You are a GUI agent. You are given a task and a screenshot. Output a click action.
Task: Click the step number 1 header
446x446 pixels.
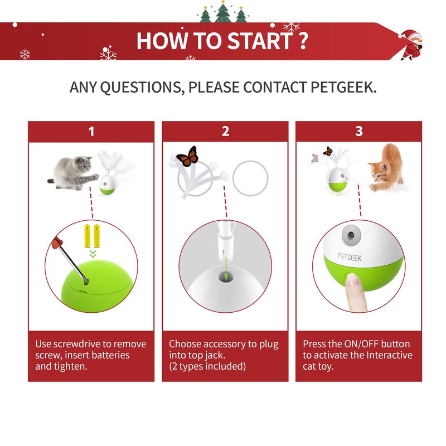pyautogui.click(x=91, y=132)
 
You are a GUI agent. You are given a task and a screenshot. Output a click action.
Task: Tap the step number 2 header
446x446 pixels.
pyautogui.click(x=225, y=132)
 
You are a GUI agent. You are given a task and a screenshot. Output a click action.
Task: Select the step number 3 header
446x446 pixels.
pyautogui.click(x=359, y=132)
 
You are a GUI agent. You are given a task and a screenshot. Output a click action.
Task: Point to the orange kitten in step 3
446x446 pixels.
pyautogui.click(x=387, y=168)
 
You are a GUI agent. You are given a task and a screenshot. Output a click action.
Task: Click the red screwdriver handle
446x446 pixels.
pyautogui.click(x=57, y=243)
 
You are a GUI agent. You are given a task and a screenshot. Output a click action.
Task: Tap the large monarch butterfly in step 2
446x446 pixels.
pyautogui.click(x=187, y=157)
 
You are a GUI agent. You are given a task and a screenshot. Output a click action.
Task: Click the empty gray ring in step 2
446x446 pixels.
pyautogui.click(x=250, y=178)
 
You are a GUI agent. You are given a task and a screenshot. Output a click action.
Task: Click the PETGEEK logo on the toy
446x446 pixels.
pyautogui.click(x=350, y=257)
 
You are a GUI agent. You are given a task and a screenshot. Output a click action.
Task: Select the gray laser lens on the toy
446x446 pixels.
pyautogui.click(x=352, y=235)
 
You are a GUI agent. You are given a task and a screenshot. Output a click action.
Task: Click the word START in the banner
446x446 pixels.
pyautogui.click(x=260, y=41)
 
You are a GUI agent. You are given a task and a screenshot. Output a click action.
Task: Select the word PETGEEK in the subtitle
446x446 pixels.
pyautogui.click(x=343, y=87)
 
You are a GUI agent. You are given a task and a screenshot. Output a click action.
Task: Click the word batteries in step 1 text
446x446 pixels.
pyautogui.click(x=112, y=355)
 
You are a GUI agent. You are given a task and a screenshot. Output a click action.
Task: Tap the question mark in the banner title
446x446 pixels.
pyautogui.click(x=303, y=41)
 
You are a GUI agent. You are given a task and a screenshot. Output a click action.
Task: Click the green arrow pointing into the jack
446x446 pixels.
pyautogui.click(x=226, y=269)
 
